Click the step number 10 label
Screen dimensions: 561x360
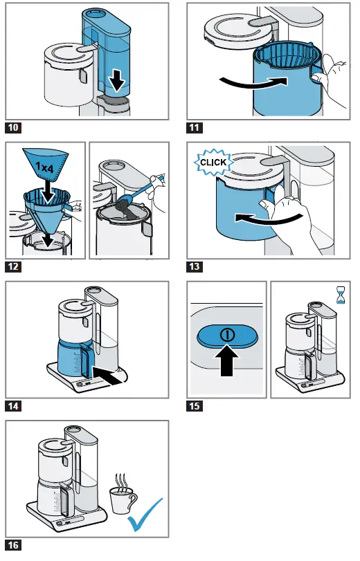pos(13,127)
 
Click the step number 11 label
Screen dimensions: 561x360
pos(195,127)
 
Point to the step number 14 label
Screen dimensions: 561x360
pos(13,406)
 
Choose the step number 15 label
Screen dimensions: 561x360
pos(195,406)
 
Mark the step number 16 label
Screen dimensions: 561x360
pos(13,546)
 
